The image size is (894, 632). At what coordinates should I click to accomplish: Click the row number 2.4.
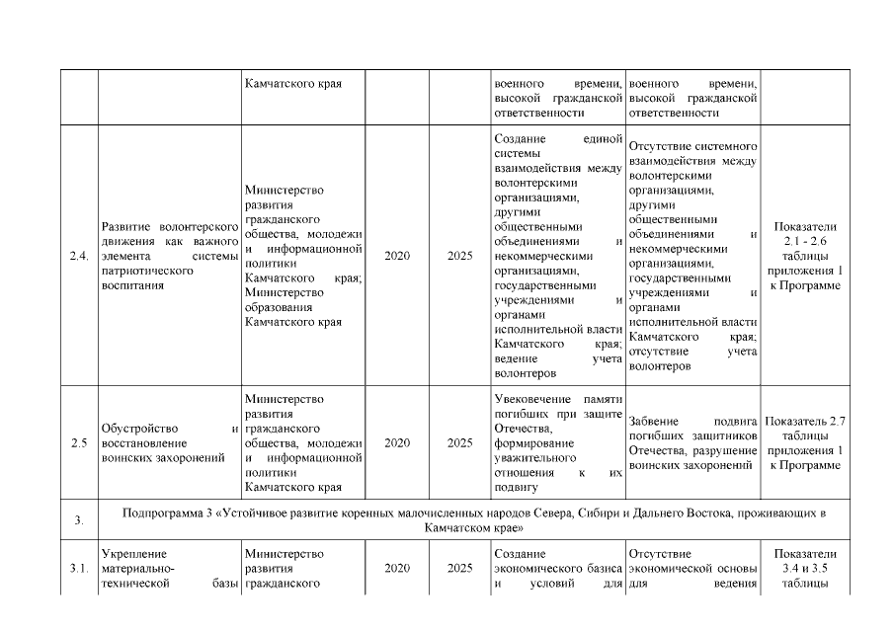[x=80, y=257]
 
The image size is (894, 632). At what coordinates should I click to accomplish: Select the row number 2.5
[x=80, y=443]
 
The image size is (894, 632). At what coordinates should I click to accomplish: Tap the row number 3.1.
[x=80, y=569]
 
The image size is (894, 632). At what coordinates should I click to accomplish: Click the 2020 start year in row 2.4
[x=397, y=257]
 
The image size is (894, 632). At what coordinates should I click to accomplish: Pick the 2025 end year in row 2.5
[x=459, y=443]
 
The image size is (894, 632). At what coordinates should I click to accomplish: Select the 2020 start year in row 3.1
[x=397, y=569]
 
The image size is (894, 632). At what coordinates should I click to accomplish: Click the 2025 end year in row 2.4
[x=459, y=257]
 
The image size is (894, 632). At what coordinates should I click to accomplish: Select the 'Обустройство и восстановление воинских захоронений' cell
[x=171, y=443]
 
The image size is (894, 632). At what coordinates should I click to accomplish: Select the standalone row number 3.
[x=79, y=521]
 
